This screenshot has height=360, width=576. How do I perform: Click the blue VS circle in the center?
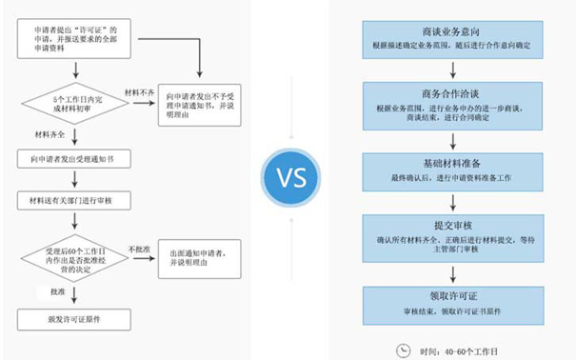coord(288,179)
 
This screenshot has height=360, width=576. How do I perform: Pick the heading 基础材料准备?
coord(451,163)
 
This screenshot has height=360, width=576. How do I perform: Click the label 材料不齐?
coord(140,92)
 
